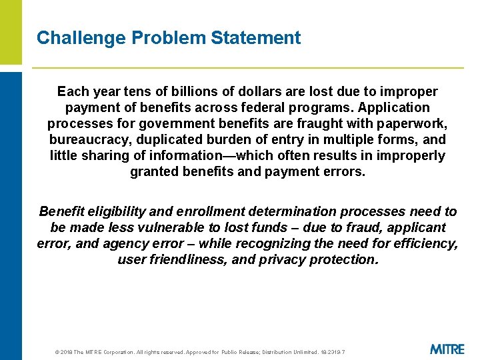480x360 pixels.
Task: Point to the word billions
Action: pyautogui.click(x=171, y=91)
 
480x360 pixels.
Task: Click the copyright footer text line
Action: pyautogui.click(x=191, y=352)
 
